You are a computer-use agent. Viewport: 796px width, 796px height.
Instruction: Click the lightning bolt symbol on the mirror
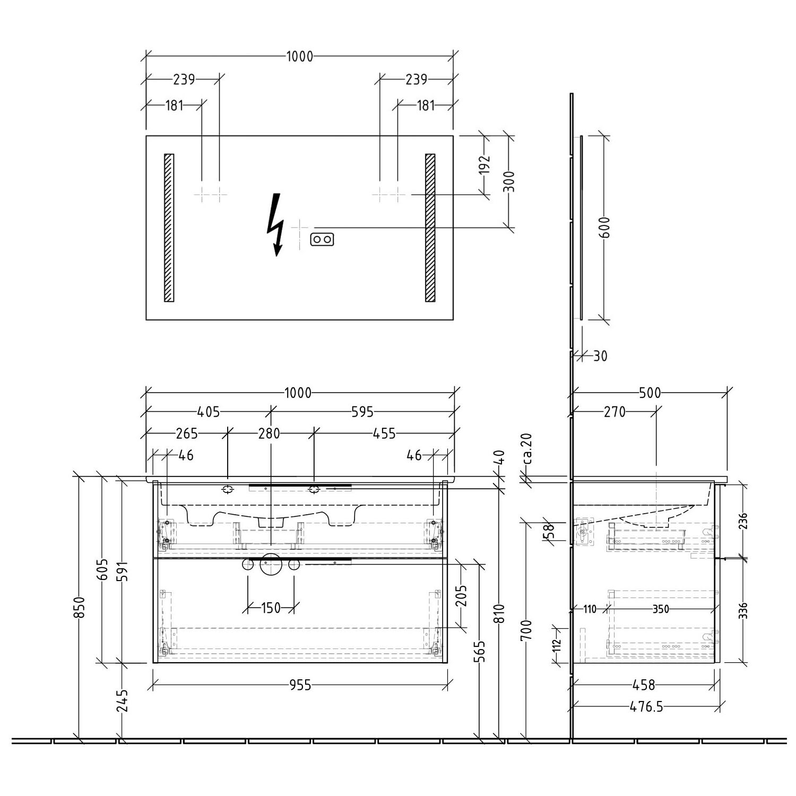click(x=275, y=223)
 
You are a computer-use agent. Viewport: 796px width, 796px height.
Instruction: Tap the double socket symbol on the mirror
click(x=322, y=240)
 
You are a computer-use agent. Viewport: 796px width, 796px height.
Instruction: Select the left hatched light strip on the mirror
click(x=169, y=228)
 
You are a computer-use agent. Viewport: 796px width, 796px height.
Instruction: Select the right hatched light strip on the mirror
click(x=430, y=228)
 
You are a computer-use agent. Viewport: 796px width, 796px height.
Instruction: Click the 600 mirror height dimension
click(x=607, y=228)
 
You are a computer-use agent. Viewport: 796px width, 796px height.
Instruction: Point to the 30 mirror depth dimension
click(x=600, y=356)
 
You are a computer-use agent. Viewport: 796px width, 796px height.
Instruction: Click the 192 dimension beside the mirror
click(x=484, y=166)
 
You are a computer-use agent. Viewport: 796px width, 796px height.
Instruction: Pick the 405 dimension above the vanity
click(x=208, y=412)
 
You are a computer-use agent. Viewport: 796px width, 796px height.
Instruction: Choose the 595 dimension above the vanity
click(x=362, y=412)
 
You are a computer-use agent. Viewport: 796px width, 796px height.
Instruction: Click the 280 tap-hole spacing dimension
click(x=270, y=434)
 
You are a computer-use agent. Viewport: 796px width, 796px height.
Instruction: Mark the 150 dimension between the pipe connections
click(x=271, y=608)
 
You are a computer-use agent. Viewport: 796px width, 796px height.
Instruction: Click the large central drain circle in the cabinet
click(x=271, y=564)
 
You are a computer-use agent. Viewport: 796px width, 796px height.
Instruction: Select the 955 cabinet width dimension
click(x=300, y=686)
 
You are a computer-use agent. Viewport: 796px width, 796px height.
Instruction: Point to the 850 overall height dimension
click(x=79, y=608)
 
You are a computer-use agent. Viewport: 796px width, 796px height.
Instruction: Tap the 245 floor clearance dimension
click(x=123, y=701)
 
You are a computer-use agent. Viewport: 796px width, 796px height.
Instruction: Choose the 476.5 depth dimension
click(x=646, y=707)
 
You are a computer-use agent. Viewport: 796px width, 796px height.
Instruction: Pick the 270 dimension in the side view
click(x=615, y=412)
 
